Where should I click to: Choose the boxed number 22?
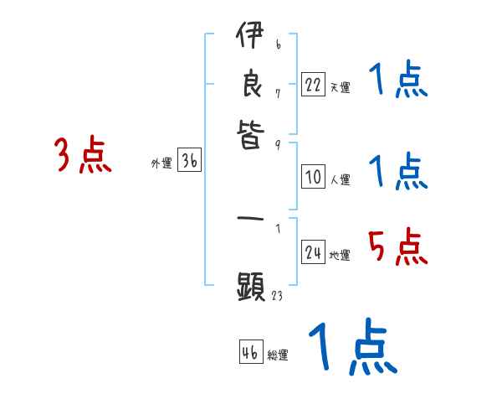click(x=313, y=85)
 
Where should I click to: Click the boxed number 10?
click(x=313, y=177)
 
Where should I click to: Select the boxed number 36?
click(x=189, y=162)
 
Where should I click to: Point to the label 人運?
click(x=340, y=179)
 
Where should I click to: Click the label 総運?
click(x=278, y=355)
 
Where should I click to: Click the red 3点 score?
click(x=83, y=155)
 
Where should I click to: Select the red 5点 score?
click(x=397, y=246)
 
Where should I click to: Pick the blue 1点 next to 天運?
click(x=397, y=80)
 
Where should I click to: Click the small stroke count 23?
click(x=277, y=295)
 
